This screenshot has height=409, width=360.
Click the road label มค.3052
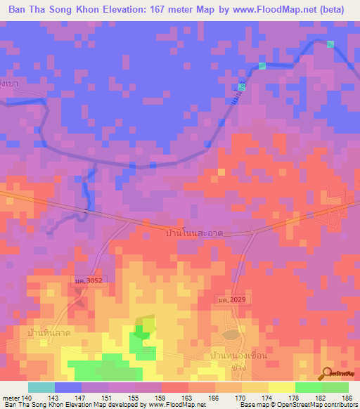[x=89, y=281]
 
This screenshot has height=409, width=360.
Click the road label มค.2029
[x=232, y=300]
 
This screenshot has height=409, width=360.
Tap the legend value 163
[x=188, y=398]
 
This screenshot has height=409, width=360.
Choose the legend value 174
[x=268, y=398]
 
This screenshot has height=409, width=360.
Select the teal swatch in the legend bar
[x=41, y=387]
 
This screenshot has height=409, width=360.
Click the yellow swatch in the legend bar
[x=282, y=387]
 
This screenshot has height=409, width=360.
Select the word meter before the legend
[x=11, y=398]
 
